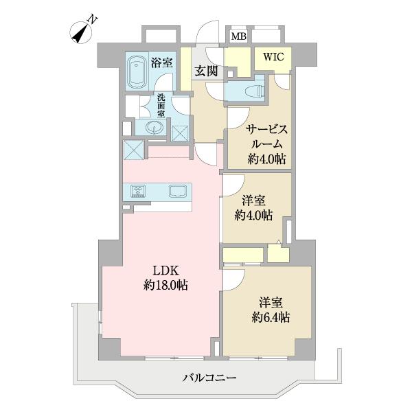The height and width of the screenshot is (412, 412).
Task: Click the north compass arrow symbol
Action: pyautogui.click(x=81, y=32)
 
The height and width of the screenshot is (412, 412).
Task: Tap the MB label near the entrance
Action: pyautogui.click(x=238, y=36)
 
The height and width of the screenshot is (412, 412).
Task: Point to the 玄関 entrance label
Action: pyautogui.click(x=204, y=70)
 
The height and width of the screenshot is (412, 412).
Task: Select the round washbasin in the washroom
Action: pyautogui.click(x=152, y=128)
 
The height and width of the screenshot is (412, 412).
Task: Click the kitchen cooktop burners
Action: pyautogui.click(x=137, y=192)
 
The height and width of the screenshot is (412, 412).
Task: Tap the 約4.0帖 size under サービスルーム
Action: pyautogui.click(x=267, y=160)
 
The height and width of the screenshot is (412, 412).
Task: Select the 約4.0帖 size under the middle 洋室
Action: pyautogui.click(x=253, y=215)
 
